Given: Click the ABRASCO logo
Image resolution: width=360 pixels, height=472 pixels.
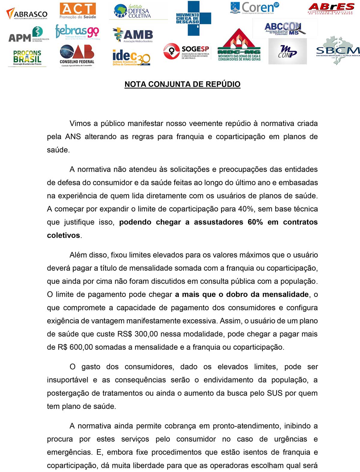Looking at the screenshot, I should [27, 14].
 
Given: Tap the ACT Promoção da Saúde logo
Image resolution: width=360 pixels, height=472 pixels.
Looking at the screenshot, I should [78, 11].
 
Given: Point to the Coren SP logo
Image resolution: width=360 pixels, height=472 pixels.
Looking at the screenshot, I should [254, 8].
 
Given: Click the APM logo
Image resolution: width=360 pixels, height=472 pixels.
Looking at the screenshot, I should [28, 34].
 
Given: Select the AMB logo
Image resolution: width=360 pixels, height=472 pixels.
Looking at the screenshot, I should [133, 35].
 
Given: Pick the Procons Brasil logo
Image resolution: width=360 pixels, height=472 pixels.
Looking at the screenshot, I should [27, 57].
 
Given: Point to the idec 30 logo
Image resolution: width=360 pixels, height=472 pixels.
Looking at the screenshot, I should [131, 57].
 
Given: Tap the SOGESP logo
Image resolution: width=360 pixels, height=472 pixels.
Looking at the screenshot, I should [186, 52].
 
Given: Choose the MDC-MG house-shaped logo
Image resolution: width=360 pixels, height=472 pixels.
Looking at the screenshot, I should [239, 45].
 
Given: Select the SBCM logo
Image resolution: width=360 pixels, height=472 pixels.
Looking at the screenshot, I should [338, 51].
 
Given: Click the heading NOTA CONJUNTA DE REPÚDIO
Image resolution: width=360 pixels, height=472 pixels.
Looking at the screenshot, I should [182, 84].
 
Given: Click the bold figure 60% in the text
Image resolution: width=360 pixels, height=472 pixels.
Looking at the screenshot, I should [255, 222].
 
